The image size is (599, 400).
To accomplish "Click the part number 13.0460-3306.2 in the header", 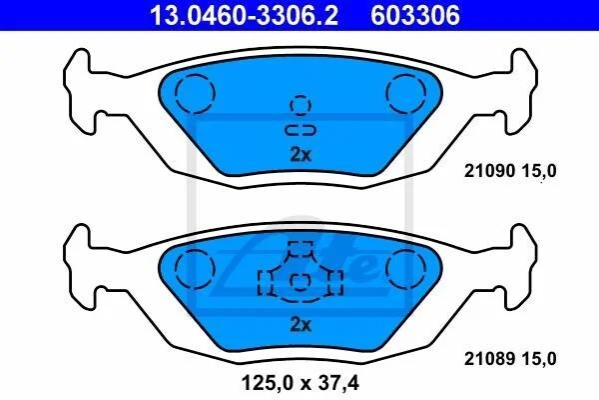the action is click(x=244, y=15).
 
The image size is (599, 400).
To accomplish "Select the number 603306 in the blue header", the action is click(x=415, y=15).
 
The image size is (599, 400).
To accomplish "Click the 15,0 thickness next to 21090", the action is click(x=539, y=171).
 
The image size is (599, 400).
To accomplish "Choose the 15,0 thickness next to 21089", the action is click(x=539, y=359).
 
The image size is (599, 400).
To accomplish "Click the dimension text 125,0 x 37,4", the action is click(x=300, y=382).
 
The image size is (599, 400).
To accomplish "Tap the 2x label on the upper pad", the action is click(x=300, y=155).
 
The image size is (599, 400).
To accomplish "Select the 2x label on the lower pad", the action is click(x=300, y=325).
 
